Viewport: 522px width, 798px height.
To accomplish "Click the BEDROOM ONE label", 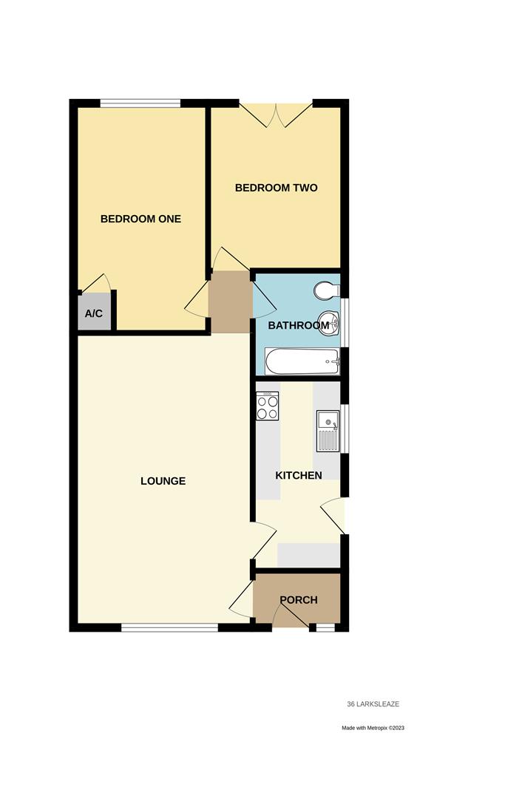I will click(x=140, y=219).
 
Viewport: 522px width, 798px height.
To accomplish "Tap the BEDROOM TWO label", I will click(x=276, y=188).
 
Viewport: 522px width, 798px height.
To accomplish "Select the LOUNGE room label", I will click(x=163, y=481).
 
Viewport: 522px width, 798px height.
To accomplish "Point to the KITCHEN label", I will click(x=299, y=475).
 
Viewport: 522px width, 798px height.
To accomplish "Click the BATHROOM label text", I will click(x=293, y=325).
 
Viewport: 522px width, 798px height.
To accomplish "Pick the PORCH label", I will click(x=298, y=599).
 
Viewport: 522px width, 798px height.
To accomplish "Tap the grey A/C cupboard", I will click(x=94, y=313).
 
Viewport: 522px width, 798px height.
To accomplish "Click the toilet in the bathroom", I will click(x=325, y=291).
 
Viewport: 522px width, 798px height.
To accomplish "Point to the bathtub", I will click(x=302, y=362).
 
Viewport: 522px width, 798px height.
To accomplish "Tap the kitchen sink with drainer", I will click(x=328, y=430).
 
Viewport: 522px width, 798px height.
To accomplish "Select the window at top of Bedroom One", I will click(x=140, y=103).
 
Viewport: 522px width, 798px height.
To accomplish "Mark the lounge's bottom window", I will click(x=169, y=628).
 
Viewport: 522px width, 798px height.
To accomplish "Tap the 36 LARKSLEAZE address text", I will click(x=373, y=704).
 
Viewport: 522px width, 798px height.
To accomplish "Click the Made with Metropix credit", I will click(x=373, y=728).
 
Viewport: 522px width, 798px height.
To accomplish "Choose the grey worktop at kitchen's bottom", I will click(x=308, y=554).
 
